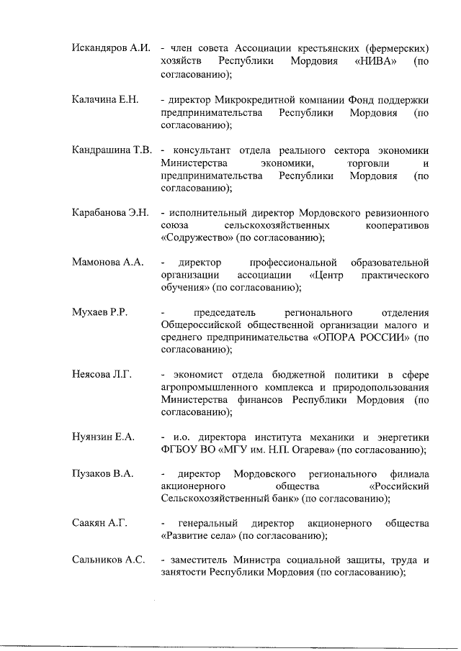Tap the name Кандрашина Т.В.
(112, 150)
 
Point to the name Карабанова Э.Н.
(110, 213)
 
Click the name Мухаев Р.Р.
(99, 313)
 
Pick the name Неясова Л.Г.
(102, 375)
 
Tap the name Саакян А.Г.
(99, 522)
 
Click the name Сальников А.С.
(108, 559)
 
